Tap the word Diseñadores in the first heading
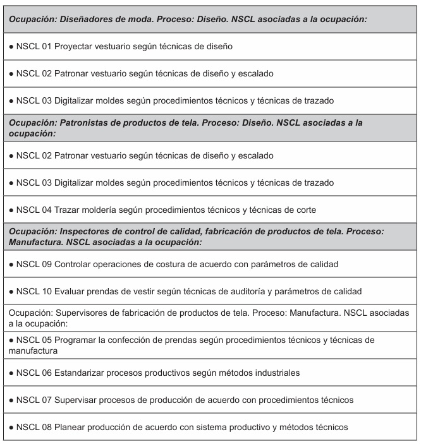[90, 18]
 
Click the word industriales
[284, 373]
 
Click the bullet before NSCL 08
[8, 428]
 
